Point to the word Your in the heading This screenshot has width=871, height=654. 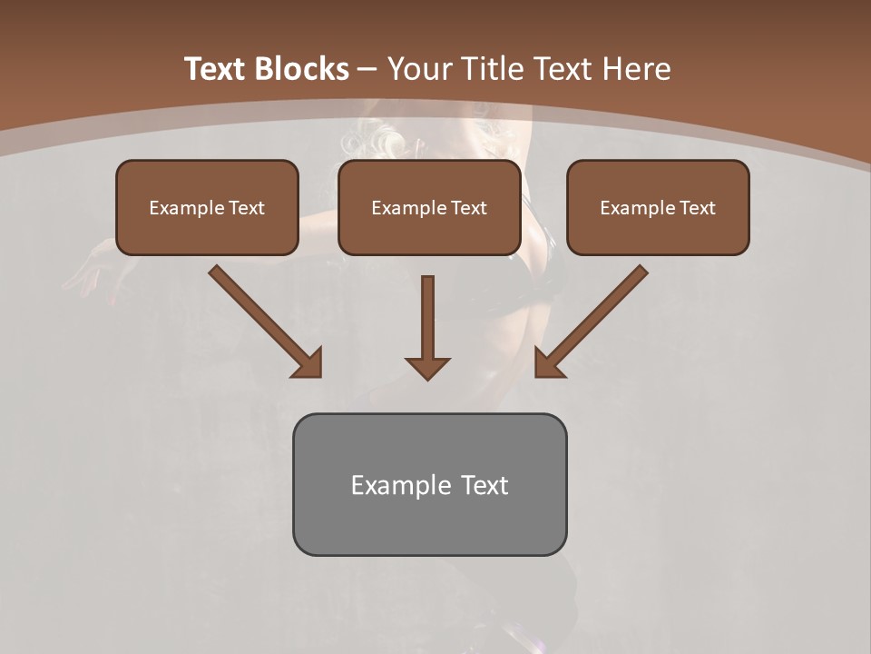(418, 68)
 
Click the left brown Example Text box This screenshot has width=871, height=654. (207, 207)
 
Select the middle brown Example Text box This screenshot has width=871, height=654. (429, 207)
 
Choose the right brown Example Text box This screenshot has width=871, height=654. (658, 207)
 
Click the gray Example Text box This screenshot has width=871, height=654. (429, 484)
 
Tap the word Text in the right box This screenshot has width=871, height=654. (697, 208)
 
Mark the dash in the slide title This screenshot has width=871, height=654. (367, 68)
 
